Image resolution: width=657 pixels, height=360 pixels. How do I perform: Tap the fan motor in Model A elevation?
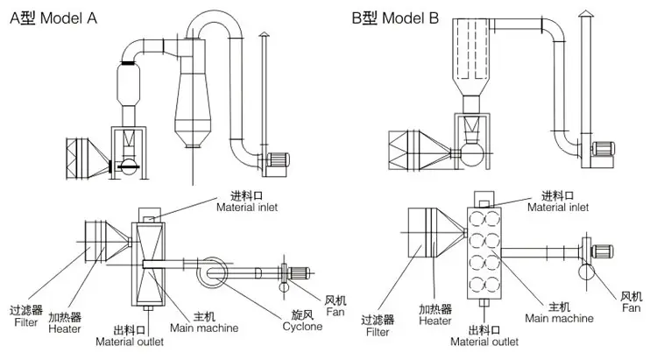[280, 160]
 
